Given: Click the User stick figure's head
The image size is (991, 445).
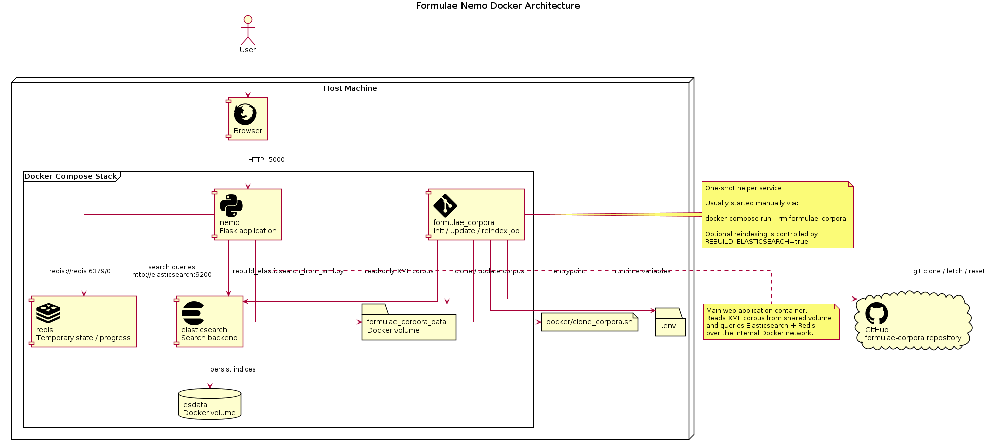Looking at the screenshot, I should pos(247,20).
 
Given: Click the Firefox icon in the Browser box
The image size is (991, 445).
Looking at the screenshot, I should pos(245,114).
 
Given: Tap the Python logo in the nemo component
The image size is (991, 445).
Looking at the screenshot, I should pos(231,206).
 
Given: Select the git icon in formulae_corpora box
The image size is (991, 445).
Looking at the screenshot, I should pos(445,206).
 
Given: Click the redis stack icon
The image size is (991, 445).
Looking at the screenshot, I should pos(48,313).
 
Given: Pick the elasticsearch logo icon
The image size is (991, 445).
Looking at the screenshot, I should pos(193,313).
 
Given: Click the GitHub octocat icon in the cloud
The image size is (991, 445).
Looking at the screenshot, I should pos(877,313).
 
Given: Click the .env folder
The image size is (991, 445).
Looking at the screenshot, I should pos(670,323).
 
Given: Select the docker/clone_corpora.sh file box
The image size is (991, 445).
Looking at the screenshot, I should pos(589,322).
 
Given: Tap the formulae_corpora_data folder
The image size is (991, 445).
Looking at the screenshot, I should pos(409,325).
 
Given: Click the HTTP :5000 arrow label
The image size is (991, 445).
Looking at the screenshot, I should pos(267,160).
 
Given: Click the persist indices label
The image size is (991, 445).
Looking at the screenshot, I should pos(233,369).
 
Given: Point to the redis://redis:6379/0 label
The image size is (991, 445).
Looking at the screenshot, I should pos(80,271).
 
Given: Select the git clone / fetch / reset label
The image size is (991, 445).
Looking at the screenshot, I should pos(949,271).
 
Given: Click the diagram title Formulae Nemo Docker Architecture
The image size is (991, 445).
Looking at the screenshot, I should pos(498,6).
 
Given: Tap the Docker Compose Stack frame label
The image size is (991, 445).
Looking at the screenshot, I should pos(71,176).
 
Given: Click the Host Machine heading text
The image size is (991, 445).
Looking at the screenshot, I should pos(350,88).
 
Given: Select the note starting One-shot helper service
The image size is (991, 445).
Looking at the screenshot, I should pos(777,215).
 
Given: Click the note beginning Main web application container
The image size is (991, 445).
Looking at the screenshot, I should pos(771,322).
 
